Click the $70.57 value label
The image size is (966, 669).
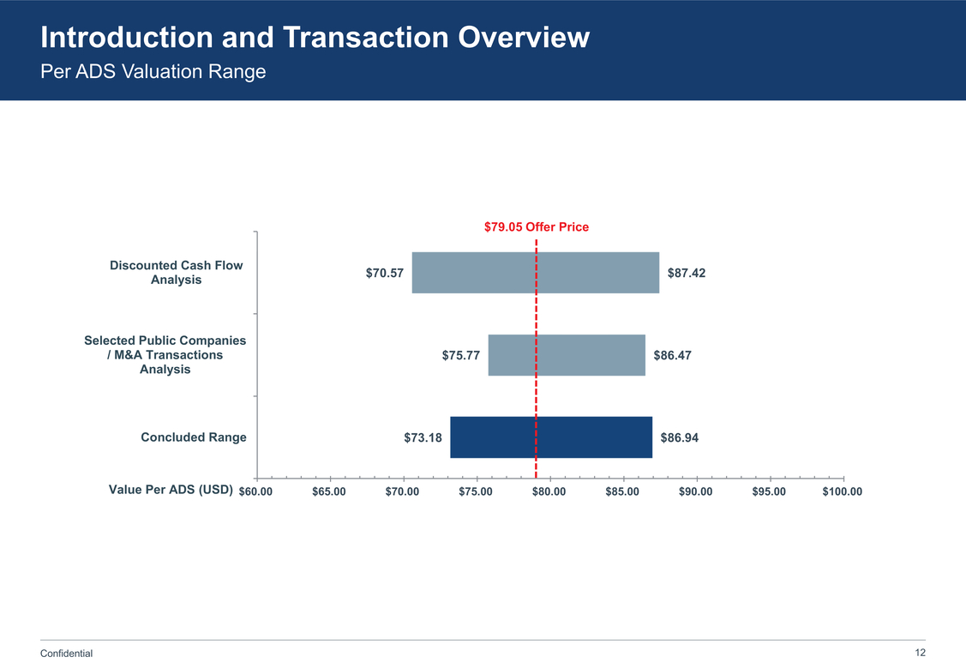(x=385, y=273)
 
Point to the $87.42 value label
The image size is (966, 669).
(x=686, y=273)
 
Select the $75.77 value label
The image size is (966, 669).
(x=461, y=355)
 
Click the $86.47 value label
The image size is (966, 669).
(x=672, y=355)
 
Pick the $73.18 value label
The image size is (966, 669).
(x=423, y=437)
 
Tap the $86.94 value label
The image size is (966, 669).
(x=679, y=437)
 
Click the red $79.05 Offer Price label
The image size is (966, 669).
(x=537, y=227)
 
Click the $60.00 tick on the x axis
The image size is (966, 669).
(x=255, y=491)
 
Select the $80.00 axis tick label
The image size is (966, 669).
(x=549, y=491)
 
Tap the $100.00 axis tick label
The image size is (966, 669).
(x=842, y=491)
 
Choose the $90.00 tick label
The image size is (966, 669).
(x=696, y=491)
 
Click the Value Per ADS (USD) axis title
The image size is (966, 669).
(x=171, y=491)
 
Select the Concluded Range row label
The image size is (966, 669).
(x=194, y=437)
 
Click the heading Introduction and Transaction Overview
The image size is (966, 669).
(x=315, y=37)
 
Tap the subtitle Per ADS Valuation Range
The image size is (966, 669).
(x=153, y=72)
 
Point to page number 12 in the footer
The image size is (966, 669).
(x=921, y=653)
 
